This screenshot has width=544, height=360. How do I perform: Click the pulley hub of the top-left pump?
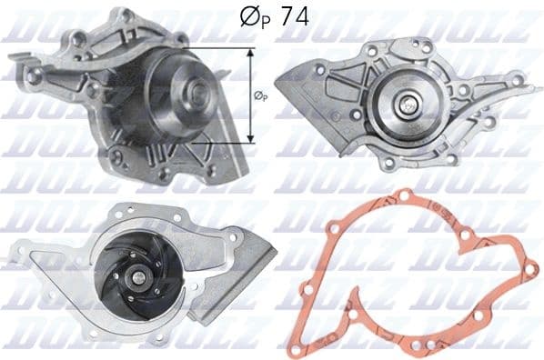click(196, 91)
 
